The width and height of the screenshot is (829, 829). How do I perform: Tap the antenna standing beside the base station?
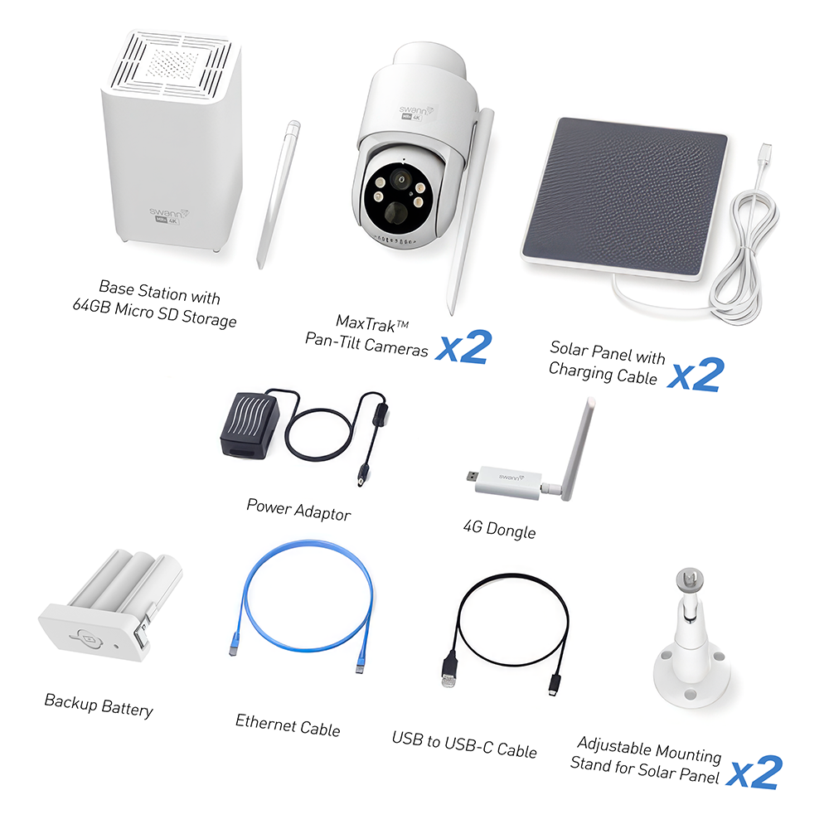279,195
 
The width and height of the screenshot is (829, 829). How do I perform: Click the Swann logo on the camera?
416,110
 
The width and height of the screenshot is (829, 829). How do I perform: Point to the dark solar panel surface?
625,196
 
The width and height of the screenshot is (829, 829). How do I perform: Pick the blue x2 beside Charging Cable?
696,375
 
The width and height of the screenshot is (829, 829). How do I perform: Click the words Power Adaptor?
298,510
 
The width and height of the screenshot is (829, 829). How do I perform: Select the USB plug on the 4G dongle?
473,475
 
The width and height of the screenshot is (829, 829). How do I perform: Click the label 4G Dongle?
500,529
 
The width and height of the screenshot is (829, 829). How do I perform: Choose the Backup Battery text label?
99,705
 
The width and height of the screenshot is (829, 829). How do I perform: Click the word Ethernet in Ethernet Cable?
265,722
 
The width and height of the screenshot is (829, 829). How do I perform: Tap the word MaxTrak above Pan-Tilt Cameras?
366,323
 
